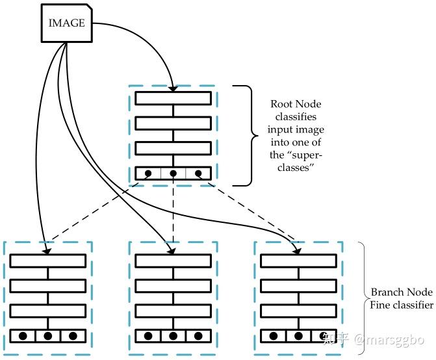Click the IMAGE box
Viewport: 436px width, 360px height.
(x=66, y=23)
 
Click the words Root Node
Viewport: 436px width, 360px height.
(x=296, y=104)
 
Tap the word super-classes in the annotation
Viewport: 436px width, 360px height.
(x=296, y=161)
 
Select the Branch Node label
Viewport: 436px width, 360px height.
(x=402, y=292)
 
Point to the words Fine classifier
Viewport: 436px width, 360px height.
(x=402, y=305)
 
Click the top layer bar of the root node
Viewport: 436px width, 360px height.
(x=173, y=98)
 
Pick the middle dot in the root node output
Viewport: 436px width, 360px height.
(x=173, y=174)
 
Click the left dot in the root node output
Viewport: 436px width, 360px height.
(x=148, y=174)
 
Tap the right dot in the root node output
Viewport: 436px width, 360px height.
(x=198, y=174)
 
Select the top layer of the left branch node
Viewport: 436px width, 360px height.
(x=48, y=261)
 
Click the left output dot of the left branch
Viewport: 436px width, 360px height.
(x=23, y=336)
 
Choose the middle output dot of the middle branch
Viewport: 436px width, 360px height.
(x=173, y=336)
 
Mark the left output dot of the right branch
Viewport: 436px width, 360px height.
(x=274, y=336)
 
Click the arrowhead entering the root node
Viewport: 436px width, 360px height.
(x=173, y=88)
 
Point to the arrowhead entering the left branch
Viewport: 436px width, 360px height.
(x=47, y=251)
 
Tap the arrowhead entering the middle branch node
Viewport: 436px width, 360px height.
(x=172, y=251)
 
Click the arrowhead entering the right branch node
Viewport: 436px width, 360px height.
(x=297, y=251)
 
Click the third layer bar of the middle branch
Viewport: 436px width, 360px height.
(x=173, y=311)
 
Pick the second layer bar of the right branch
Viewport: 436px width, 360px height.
(x=298, y=286)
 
